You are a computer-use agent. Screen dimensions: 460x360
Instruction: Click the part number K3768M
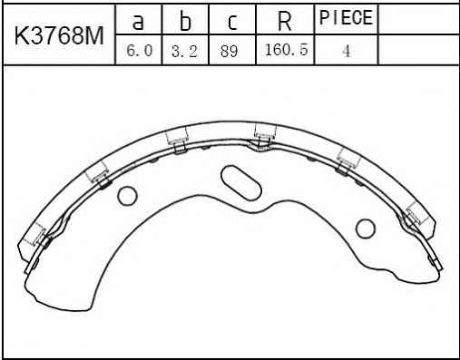click(x=59, y=35)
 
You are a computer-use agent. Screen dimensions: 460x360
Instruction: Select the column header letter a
click(x=138, y=21)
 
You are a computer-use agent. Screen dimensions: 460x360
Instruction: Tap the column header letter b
click(x=185, y=20)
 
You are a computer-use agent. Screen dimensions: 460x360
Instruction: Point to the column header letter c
click(x=232, y=22)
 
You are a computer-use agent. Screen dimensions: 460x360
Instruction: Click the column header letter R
click(x=285, y=21)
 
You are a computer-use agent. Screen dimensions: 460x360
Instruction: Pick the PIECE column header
click(x=346, y=17)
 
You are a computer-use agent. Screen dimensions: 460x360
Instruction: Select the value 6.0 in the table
click(x=139, y=50)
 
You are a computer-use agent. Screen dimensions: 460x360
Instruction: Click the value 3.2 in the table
click(x=184, y=51)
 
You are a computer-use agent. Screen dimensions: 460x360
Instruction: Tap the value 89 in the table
click(x=229, y=51)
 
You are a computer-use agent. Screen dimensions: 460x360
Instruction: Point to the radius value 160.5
click(x=286, y=49)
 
